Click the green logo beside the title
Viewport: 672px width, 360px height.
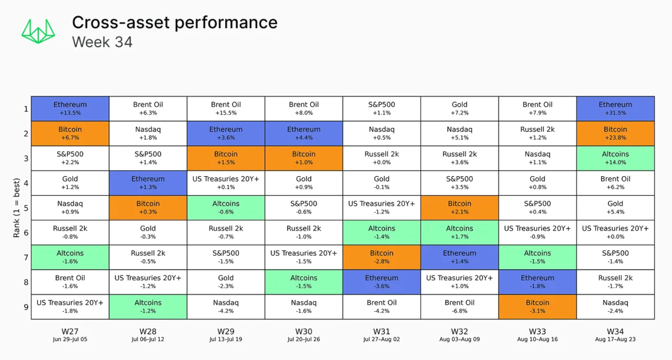[38, 31]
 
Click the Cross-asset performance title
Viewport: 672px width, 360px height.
[174, 23]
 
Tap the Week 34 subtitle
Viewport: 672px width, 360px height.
[102, 42]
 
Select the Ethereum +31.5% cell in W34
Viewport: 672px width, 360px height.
[615, 109]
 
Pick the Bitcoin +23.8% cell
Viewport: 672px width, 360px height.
[615, 134]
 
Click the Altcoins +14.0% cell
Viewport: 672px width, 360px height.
[615, 158]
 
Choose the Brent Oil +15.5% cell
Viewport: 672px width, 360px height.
[226, 109]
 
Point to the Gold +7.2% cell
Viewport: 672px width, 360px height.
[460, 109]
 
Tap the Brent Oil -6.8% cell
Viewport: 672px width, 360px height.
[460, 307]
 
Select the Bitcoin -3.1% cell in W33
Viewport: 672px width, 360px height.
[538, 307]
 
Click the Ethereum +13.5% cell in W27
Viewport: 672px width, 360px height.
[70, 109]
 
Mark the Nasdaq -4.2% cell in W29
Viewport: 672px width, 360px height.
[226, 307]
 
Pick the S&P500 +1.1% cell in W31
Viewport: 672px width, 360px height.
[382, 109]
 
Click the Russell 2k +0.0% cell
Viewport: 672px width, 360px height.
[382, 158]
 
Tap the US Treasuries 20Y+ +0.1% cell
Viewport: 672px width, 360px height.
[226, 183]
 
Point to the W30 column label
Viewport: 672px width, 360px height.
[304, 331]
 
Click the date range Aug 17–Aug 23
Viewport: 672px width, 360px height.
[615, 339]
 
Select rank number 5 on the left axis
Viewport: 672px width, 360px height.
[26, 208]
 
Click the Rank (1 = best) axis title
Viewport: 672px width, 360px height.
[17, 208]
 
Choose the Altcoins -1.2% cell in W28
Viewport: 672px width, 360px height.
[148, 307]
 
